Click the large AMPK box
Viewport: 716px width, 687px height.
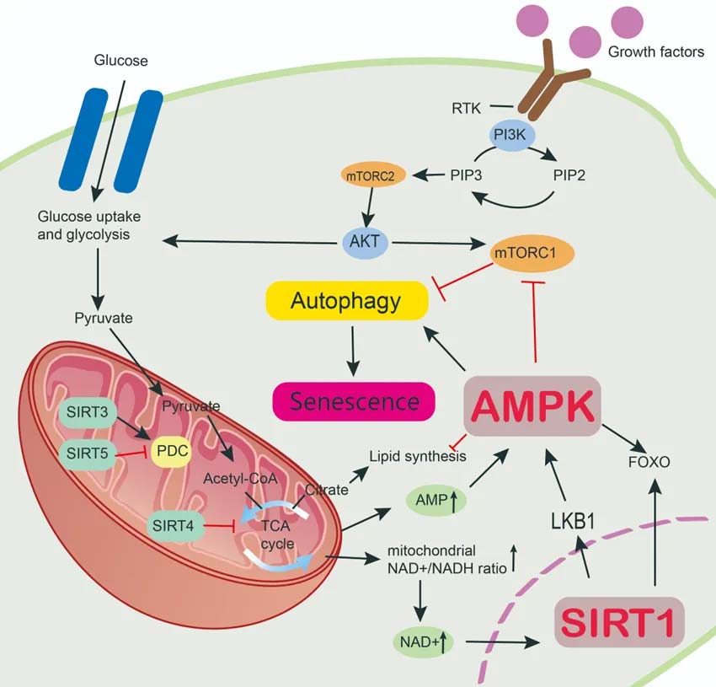coord(532,406)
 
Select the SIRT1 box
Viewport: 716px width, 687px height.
coord(617,623)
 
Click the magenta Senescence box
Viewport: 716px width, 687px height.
coord(353,400)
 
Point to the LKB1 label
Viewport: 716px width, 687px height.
coord(573,520)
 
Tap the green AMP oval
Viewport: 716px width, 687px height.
coord(434,500)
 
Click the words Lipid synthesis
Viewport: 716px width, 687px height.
coord(418,456)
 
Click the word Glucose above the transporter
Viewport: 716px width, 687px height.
coord(120,61)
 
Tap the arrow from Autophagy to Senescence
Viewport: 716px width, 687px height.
coord(352,349)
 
